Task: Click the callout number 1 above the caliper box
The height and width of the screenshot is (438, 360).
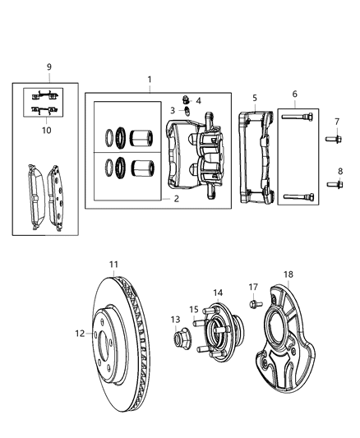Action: point(149,80)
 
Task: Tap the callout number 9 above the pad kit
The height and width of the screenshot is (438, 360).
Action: point(48,66)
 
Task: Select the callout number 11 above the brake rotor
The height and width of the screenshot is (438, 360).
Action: point(114,264)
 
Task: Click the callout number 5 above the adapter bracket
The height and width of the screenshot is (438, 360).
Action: point(255,98)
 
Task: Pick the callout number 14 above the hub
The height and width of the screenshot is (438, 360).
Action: point(218,293)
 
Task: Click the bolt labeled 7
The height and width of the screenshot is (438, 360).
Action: point(336,141)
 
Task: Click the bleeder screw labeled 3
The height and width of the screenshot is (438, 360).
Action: point(187,111)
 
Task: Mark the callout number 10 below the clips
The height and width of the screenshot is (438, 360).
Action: point(47,129)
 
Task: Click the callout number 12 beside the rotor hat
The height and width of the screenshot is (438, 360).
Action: point(80,334)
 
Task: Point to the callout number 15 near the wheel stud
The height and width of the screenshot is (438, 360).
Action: point(194,310)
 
